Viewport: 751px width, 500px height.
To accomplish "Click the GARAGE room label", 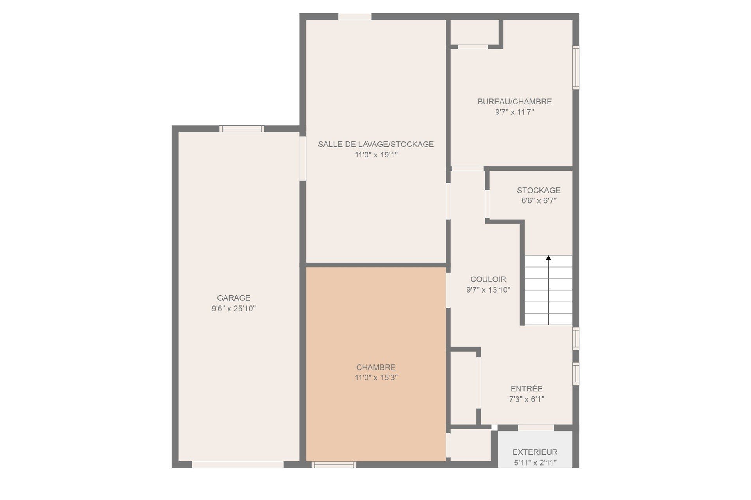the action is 234,298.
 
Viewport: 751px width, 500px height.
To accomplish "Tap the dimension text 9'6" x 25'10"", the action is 234,309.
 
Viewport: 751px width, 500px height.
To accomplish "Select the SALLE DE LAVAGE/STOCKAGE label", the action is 375,144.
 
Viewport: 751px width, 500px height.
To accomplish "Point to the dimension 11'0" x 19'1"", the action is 376,155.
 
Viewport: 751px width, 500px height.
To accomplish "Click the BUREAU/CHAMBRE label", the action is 514,102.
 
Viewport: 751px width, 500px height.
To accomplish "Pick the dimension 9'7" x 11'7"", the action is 514,112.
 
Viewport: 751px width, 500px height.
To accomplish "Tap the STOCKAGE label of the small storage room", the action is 539,190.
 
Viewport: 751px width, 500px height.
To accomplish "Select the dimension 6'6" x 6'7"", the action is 539,201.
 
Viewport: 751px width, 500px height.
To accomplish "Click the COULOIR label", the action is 488,279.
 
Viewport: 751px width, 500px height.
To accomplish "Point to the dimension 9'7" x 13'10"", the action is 488,290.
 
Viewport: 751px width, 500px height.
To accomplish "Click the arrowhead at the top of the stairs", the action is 548,258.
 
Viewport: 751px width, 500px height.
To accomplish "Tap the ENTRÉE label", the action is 526,389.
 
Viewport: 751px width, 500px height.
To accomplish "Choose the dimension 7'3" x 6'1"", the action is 526,399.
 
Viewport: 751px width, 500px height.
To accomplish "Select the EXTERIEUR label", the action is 535,452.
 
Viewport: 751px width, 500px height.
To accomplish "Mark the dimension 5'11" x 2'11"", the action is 535,463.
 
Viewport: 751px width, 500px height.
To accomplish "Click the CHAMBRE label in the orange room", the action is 376,368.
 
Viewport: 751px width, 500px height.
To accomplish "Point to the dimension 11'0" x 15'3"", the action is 376,378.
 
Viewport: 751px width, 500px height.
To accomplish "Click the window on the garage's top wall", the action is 242,129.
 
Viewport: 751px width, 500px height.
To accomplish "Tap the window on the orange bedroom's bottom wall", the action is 334,464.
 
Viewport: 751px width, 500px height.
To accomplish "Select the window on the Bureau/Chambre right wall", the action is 576,68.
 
